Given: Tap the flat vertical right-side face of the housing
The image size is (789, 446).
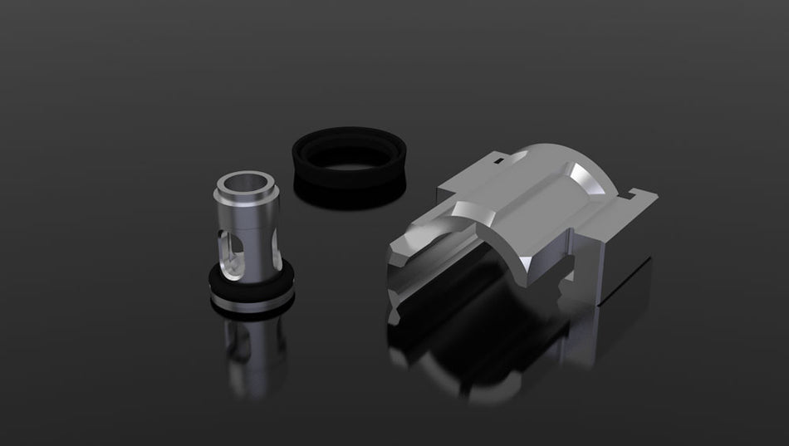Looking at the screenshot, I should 623,266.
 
